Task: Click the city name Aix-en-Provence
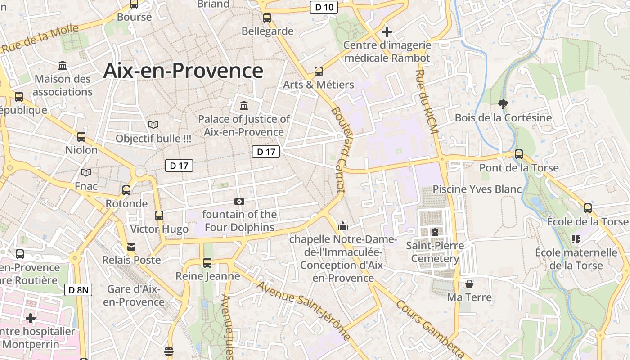(183, 71)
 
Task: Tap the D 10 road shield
(324, 7)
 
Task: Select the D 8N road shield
(79, 290)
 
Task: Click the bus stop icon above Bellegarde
(267, 18)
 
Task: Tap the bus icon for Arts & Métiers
(319, 72)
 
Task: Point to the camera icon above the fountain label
(239, 201)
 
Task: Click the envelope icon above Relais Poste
(131, 247)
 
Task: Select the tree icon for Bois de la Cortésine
(503, 105)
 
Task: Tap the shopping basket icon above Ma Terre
(469, 284)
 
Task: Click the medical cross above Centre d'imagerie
(387, 32)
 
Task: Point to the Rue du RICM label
(427, 102)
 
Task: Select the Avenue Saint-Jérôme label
(304, 310)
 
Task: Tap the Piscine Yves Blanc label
(477, 189)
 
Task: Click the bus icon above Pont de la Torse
(519, 154)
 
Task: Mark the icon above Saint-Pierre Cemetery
(435, 232)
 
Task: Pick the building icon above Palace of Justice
(244, 106)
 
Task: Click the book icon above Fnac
(86, 172)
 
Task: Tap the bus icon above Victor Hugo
(159, 216)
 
